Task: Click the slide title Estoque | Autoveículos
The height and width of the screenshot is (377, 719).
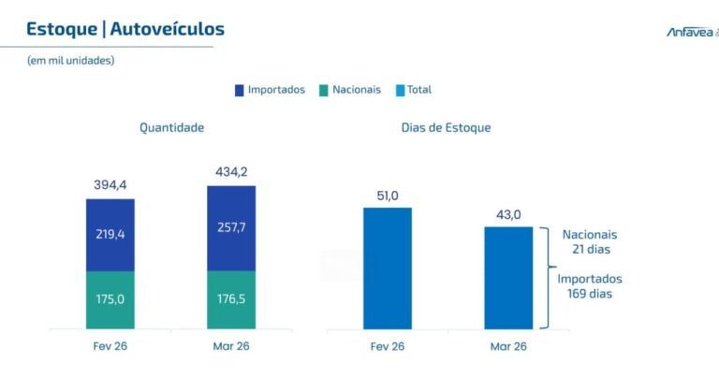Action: (125, 29)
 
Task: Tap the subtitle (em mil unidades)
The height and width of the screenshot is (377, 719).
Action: (70, 61)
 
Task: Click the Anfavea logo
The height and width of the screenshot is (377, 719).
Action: (691, 32)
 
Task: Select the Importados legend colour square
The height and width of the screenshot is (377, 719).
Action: (240, 90)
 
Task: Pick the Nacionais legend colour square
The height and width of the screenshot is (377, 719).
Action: (324, 90)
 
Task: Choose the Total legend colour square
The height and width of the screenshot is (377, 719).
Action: (400, 90)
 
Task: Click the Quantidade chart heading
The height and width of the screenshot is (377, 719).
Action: (171, 127)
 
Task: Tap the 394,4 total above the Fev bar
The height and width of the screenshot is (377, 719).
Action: (110, 184)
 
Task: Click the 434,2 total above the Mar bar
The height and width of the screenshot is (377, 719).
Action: (230, 172)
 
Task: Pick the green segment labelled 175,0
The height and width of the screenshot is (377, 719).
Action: (110, 300)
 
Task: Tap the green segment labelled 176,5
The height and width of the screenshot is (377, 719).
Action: (231, 300)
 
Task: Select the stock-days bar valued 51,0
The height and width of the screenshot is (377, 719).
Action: (388, 268)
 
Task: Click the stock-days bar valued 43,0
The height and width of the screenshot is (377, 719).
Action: (508, 277)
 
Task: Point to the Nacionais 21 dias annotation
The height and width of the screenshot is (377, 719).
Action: (589, 241)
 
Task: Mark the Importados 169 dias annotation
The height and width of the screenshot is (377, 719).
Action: (589, 286)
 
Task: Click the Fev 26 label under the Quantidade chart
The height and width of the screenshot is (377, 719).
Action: (110, 346)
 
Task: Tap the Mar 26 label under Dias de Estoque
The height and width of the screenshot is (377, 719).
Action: (508, 346)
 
